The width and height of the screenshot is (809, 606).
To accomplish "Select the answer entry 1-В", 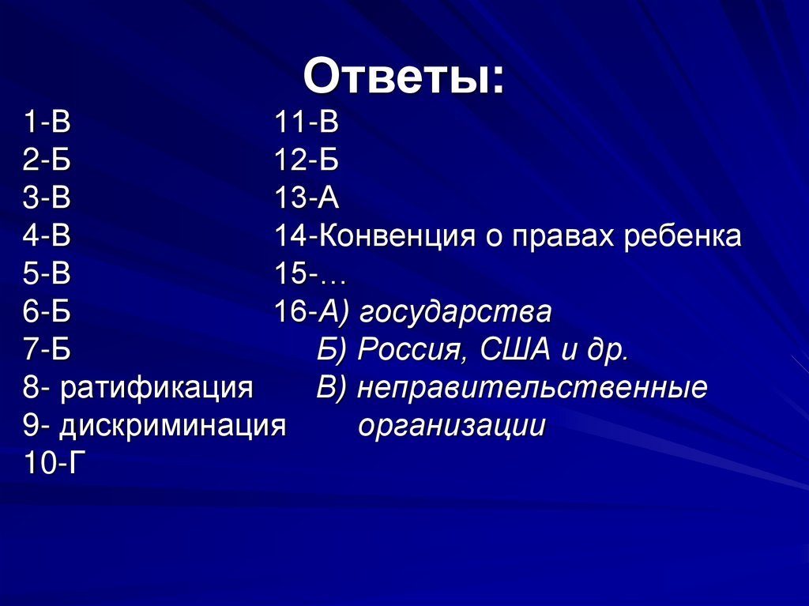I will pyautogui.click(x=47, y=123).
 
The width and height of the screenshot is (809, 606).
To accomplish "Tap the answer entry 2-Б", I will pyautogui.click(x=47, y=160).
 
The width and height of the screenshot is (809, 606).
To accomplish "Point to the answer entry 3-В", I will pyautogui.click(x=47, y=198).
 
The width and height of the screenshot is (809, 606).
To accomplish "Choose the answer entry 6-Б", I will pyautogui.click(x=47, y=312).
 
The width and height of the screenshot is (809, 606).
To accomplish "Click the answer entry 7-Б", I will pyautogui.click(x=47, y=350).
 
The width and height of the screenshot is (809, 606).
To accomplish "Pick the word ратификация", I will pyautogui.click(x=157, y=389).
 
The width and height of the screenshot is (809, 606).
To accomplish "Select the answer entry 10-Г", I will pyautogui.click(x=54, y=465).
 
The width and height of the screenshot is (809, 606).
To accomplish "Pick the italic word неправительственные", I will pyautogui.click(x=532, y=389).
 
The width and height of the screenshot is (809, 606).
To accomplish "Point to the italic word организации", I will pyautogui.click(x=451, y=427).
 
